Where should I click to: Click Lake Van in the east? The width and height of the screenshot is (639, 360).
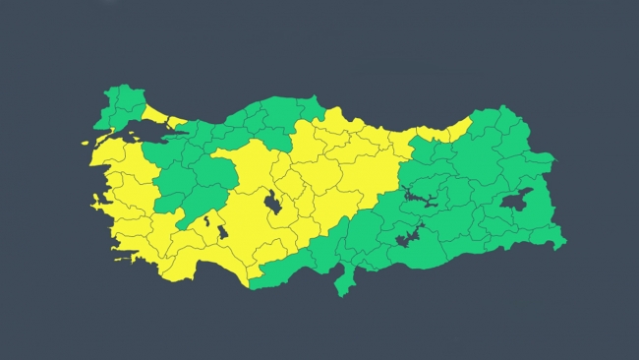click(x=516, y=201)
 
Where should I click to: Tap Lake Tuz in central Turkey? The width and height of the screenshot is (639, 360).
click(x=272, y=204)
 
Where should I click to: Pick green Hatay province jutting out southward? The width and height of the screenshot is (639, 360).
click(x=345, y=281)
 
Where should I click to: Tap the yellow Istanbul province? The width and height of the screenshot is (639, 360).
click(x=175, y=124)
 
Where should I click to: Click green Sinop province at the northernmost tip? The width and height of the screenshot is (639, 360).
click(x=311, y=106)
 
